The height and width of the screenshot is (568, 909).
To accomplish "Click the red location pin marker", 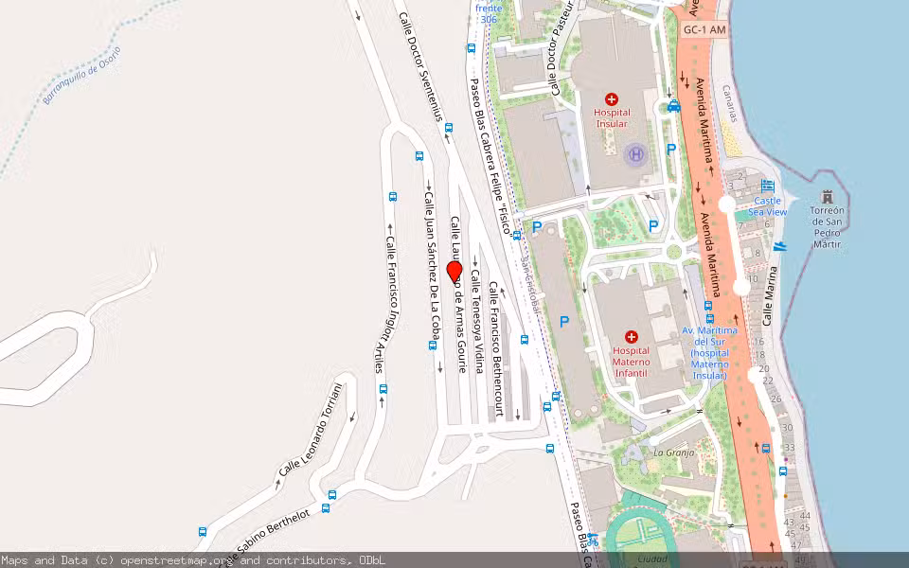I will pyautogui.click(x=454, y=272).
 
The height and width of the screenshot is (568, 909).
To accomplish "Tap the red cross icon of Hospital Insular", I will pyautogui.click(x=612, y=98).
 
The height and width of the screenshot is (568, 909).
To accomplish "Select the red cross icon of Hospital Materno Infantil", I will pyautogui.click(x=632, y=336).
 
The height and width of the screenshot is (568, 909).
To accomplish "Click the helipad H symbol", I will pyautogui.click(x=636, y=153).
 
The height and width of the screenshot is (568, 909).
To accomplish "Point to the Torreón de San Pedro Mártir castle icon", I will pyautogui.click(x=828, y=197).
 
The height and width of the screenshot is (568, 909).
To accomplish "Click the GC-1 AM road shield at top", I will pyautogui.click(x=704, y=30).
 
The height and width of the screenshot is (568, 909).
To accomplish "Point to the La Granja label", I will pyautogui.click(x=674, y=453).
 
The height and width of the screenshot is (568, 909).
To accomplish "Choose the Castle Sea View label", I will pyautogui.click(x=768, y=206).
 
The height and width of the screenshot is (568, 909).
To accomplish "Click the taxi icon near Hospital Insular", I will pyautogui.click(x=673, y=106).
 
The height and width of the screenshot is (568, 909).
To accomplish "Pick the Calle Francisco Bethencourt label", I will pyautogui.click(x=495, y=349).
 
